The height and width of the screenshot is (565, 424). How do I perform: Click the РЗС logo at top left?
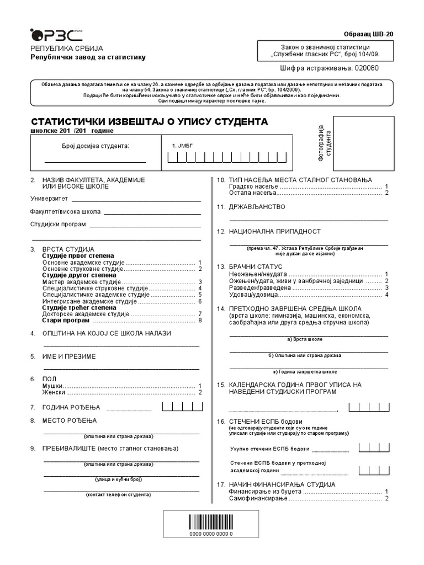pos(51,35)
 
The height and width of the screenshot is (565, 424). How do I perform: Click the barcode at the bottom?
pos(211,521)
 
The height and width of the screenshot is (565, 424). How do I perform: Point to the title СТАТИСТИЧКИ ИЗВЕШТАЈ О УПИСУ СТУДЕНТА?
pos(149,121)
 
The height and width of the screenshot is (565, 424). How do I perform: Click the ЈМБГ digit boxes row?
pos(227,158)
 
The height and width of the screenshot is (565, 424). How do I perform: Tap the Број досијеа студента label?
pos(94,146)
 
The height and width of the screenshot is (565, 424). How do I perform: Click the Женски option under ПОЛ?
pos(54,392)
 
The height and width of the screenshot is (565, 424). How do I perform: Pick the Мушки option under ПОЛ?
pos(53,386)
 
